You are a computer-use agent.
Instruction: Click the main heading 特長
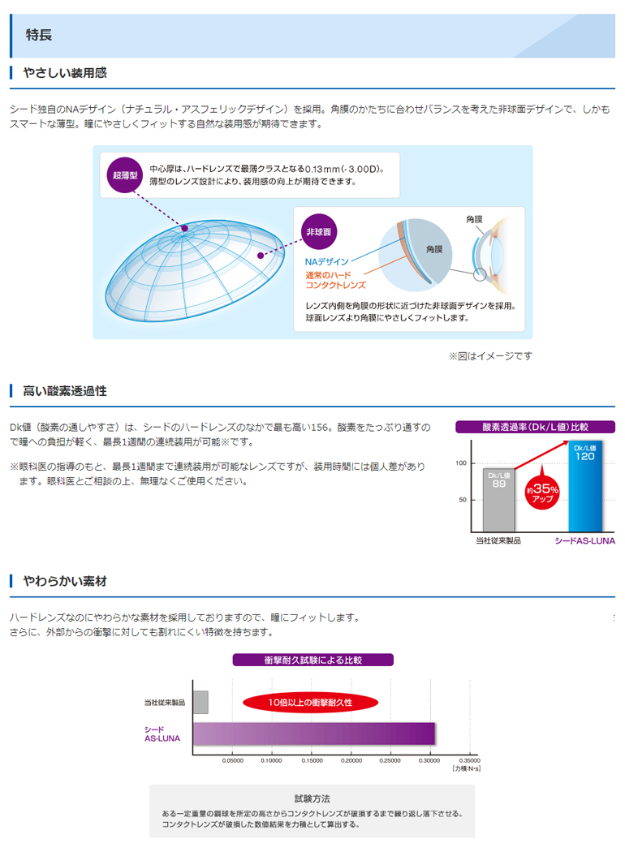coord(39,35)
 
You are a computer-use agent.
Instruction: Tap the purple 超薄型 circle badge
coord(125,174)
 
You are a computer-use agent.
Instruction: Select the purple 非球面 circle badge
coord(318,232)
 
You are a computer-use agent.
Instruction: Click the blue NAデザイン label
coord(327,262)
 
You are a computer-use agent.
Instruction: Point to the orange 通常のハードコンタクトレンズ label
coord(335,280)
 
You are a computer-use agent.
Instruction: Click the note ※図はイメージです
coord(490,355)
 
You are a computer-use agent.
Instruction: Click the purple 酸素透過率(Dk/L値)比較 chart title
coord(535,426)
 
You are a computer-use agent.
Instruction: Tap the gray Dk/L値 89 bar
coord(498,499)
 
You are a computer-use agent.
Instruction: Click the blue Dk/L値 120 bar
coord(584,487)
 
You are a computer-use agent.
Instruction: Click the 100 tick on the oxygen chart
coord(461,463)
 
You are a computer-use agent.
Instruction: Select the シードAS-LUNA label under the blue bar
coord(584,540)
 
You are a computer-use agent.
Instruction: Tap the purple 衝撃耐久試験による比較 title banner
coord(313,660)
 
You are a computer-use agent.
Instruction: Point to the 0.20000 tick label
coord(351,760)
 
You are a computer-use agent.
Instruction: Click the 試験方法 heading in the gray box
coord(312,798)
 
